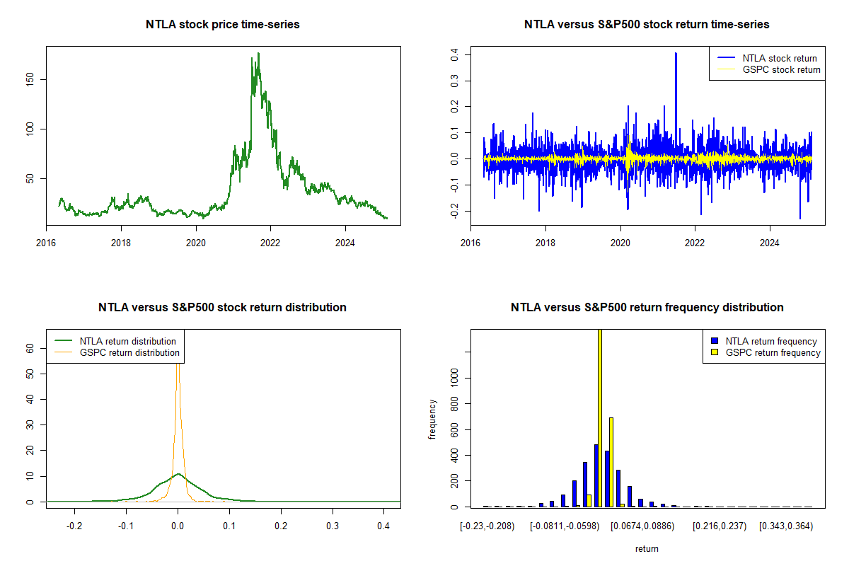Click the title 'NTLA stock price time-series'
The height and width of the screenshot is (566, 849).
coord(222,24)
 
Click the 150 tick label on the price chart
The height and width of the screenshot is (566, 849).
coord(30,80)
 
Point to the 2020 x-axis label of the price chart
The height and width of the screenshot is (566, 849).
coord(195,243)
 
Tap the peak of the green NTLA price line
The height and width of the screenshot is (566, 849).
coord(258,54)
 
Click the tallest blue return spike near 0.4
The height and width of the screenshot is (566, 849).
coord(676,54)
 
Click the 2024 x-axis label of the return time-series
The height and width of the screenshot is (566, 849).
coord(770,243)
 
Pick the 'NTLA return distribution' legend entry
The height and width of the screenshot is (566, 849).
coord(115,341)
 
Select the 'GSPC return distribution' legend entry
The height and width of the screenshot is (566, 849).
coord(117,352)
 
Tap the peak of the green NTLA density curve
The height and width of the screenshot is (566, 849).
coord(178,474)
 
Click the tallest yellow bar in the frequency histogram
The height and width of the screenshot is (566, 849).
coord(600,417)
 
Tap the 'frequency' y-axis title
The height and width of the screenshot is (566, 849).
coord(432,419)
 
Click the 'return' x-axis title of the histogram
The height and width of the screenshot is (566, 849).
coord(647,548)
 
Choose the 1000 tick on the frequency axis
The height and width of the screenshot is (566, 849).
coord(454,378)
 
